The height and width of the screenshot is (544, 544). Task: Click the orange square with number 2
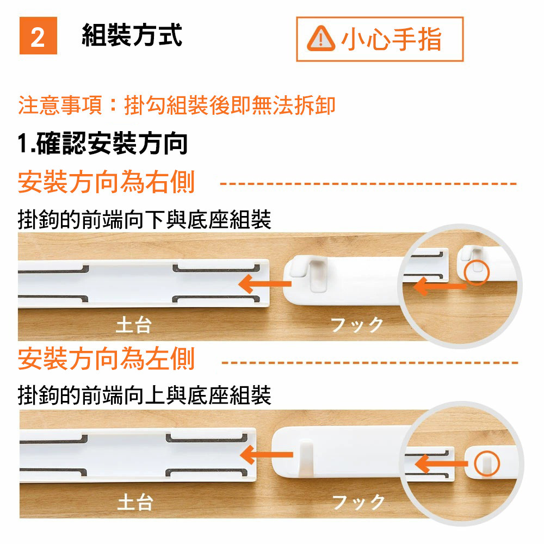click(x=38, y=36)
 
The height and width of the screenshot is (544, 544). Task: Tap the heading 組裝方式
click(x=132, y=35)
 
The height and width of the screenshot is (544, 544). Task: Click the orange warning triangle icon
click(x=321, y=39)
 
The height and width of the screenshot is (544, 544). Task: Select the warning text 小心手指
click(x=391, y=39)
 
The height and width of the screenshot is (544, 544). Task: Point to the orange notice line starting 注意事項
click(x=177, y=105)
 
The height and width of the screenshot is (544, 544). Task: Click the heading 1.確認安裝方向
click(x=103, y=143)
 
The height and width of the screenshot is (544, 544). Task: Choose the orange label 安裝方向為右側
click(x=106, y=182)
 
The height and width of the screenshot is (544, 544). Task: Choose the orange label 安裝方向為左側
click(x=106, y=358)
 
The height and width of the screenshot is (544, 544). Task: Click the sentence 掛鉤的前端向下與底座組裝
click(x=144, y=219)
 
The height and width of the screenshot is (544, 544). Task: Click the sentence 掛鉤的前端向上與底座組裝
click(x=144, y=395)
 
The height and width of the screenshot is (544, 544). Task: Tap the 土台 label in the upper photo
click(x=134, y=325)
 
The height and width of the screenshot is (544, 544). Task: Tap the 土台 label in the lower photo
click(x=135, y=502)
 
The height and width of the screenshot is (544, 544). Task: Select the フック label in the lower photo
click(x=358, y=502)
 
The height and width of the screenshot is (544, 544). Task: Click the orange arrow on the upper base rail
click(x=265, y=284)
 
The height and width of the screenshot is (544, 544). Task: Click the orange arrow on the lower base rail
click(x=266, y=455)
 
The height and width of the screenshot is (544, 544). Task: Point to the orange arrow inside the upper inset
click(x=440, y=287)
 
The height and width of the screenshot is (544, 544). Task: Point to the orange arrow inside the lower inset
click(x=441, y=464)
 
